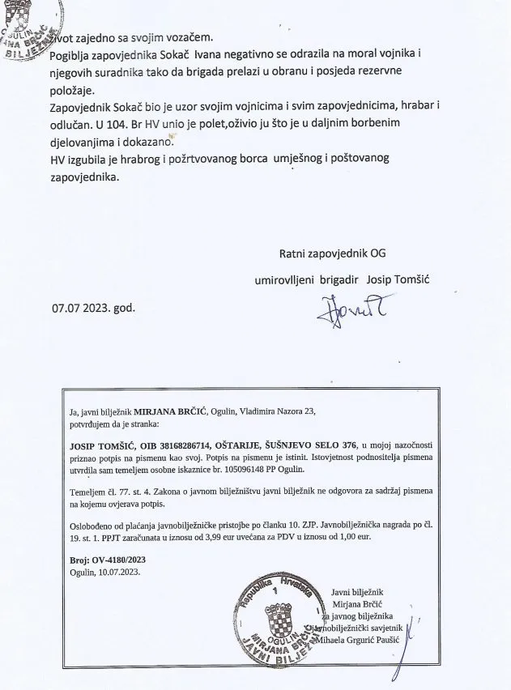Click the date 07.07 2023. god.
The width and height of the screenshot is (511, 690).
[x=92, y=309]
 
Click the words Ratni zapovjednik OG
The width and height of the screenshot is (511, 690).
[x=333, y=253]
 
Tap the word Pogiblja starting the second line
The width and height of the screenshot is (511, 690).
[x=74, y=54]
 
